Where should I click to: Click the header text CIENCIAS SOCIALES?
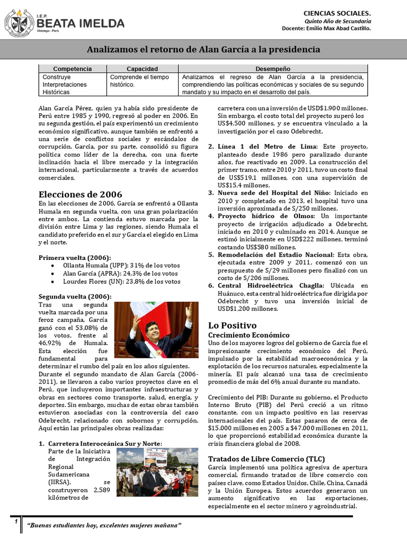click(337, 12)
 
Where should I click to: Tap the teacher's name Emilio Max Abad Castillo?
click(344, 28)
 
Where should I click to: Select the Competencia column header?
click(73, 69)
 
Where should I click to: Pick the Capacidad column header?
click(142, 69)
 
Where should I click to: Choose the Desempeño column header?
click(273, 69)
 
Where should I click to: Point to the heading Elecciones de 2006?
click(81, 194)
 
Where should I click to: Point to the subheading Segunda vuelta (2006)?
click(75, 297)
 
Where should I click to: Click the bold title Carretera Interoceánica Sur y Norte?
click(105, 443)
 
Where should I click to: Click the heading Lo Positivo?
click(232, 325)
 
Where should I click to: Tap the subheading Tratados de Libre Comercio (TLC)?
click(267, 458)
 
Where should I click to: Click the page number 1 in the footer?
click(16, 522)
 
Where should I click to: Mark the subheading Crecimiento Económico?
click(249, 336)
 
